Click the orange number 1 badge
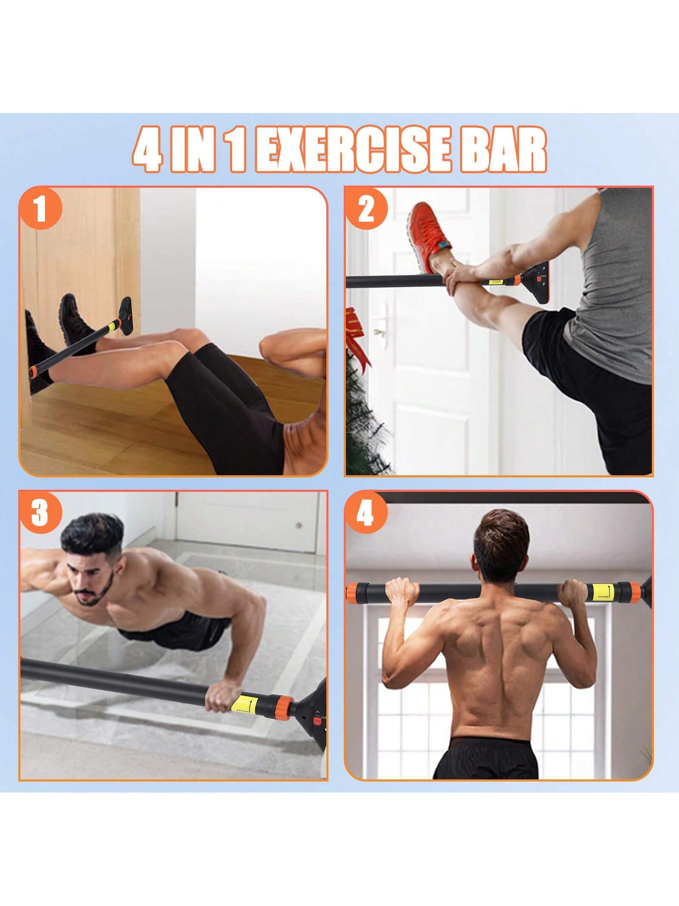[40, 211]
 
